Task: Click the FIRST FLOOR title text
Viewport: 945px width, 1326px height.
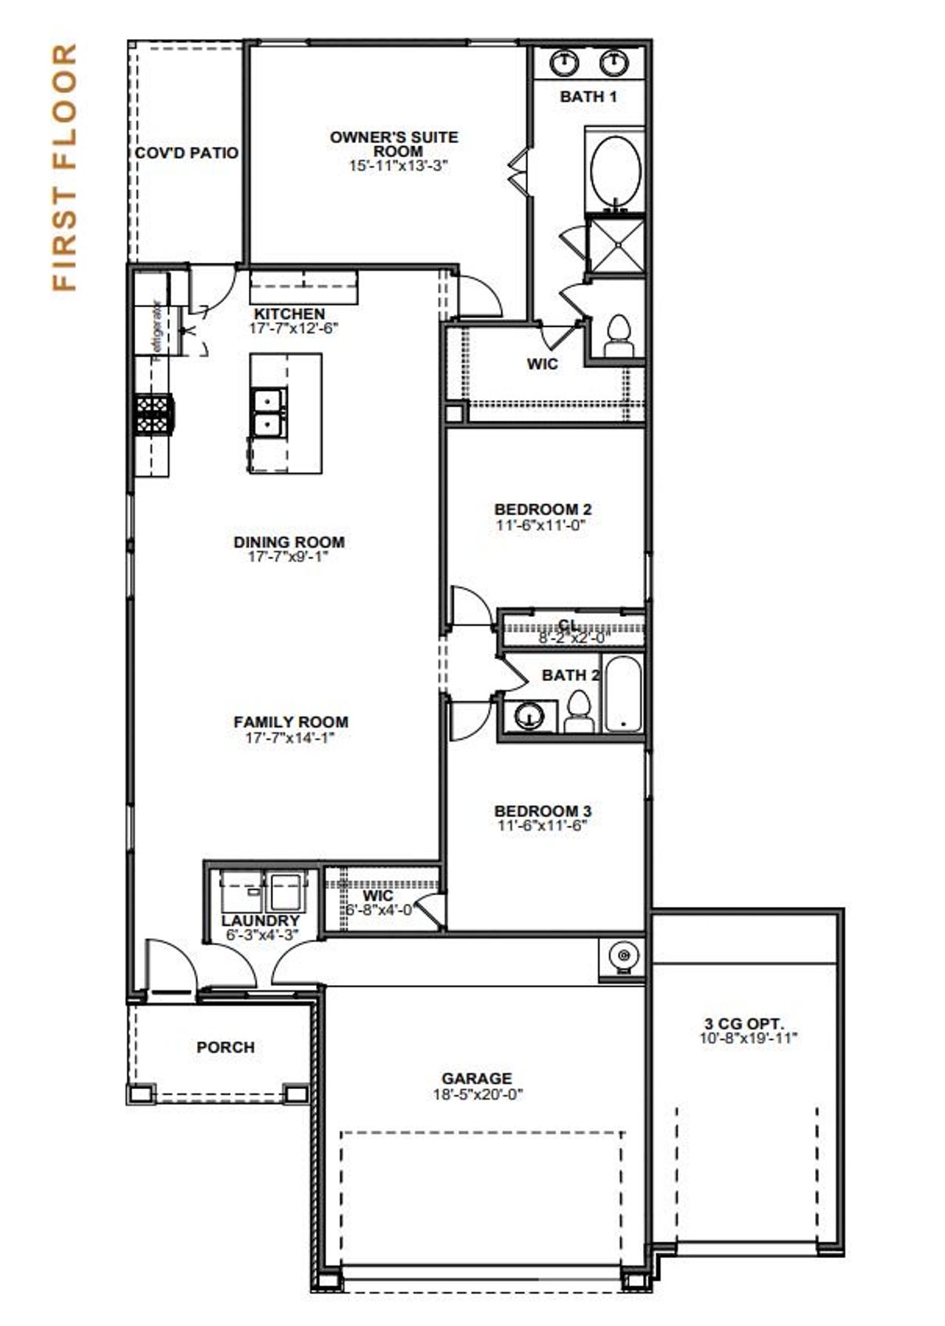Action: coord(65,168)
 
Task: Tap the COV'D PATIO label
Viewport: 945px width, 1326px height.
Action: coord(187,153)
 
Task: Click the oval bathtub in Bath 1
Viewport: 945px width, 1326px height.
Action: coord(615,170)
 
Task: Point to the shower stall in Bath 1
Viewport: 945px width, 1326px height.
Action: coord(615,244)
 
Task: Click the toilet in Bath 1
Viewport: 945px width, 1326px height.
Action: coord(618,337)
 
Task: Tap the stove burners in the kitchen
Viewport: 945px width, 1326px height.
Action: coord(154,415)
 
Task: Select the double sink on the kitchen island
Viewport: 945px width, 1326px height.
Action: coord(267,413)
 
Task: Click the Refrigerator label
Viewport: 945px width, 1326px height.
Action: coord(157,331)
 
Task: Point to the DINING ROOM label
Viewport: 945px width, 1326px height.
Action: coord(289,542)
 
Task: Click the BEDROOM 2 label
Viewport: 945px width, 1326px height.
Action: coord(543,509)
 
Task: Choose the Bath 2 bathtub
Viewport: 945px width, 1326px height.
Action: coord(624,694)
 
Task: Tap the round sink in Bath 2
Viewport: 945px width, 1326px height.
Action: coord(529,715)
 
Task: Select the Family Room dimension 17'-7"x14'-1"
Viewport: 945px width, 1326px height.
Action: coord(290,737)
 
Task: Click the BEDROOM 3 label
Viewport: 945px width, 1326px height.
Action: coord(543,811)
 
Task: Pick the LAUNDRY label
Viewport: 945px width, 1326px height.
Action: coord(260,921)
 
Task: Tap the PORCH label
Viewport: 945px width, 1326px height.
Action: coord(225,1047)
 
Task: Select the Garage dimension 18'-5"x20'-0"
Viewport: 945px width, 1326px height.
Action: coord(478,1094)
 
